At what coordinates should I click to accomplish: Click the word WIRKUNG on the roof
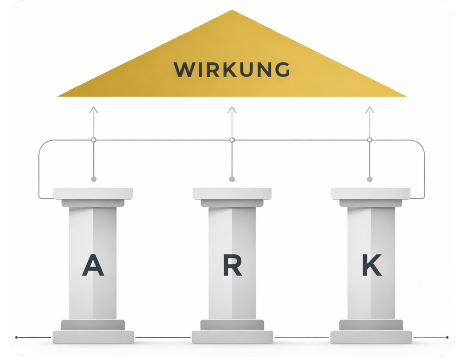click(232, 69)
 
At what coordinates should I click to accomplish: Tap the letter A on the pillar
click(93, 265)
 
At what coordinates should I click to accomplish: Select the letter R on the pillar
click(232, 265)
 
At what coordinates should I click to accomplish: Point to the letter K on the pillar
click(371, 265)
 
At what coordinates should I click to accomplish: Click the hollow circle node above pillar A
click(94, 140)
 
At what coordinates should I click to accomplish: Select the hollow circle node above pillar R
click(232, 140)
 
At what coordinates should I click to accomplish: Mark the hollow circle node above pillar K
click(370, 140)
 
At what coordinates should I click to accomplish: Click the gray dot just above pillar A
click(94, 179)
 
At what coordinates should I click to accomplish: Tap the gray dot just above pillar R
click(232, 179)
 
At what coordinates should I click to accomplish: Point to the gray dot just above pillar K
click(370, 179)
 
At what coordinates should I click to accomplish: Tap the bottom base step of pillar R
click(232, 337)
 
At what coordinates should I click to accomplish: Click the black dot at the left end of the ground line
click(16, 337)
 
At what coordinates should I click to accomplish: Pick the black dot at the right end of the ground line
click(447, 337)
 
